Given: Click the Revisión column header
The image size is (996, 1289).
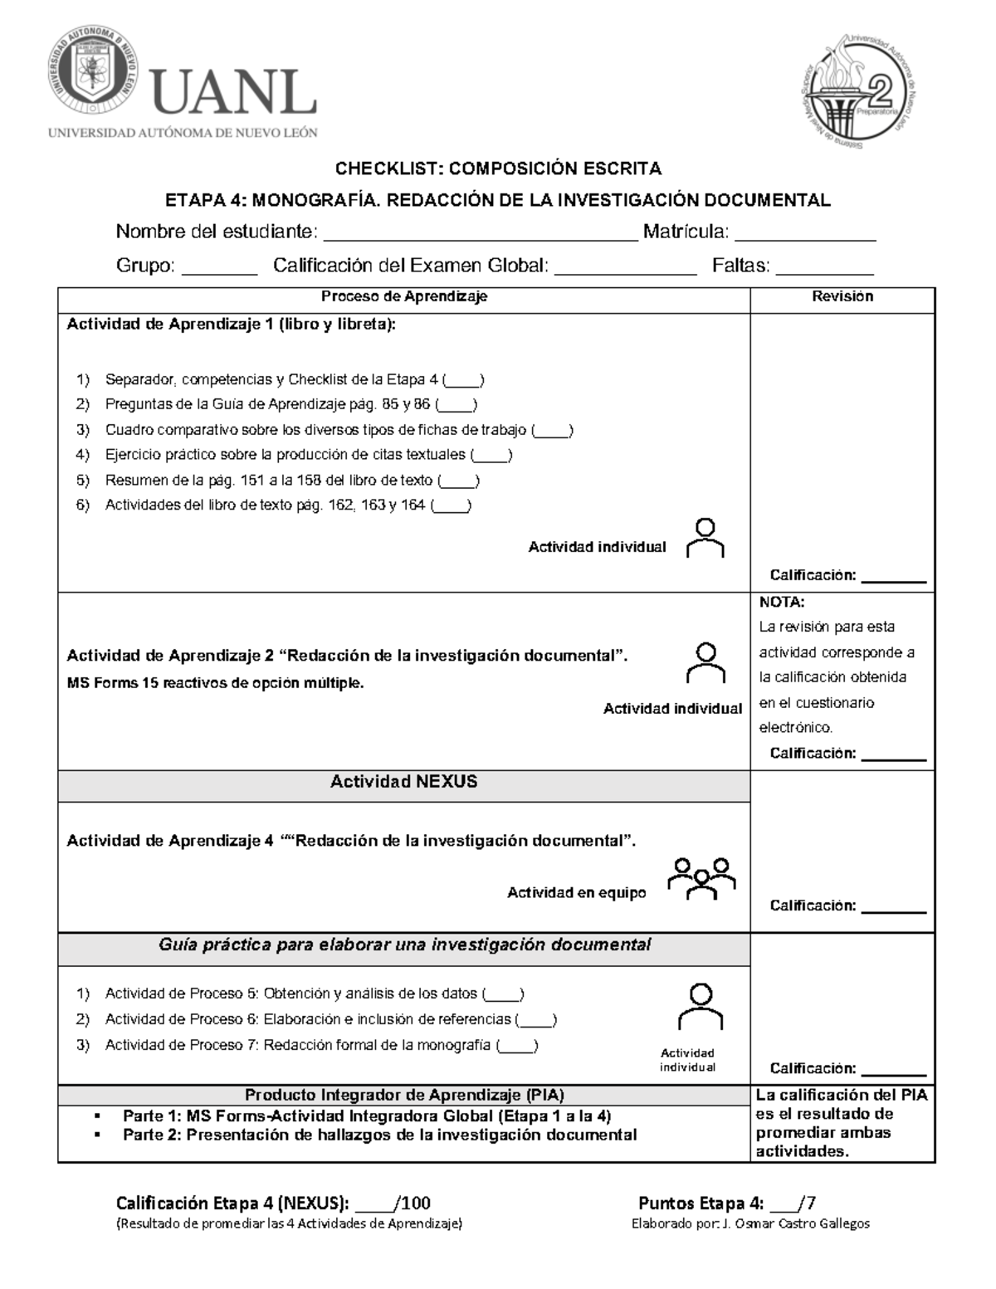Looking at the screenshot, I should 842,296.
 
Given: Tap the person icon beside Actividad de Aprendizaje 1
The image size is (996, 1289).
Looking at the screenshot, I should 705,538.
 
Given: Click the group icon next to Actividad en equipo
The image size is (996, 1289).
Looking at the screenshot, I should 702,878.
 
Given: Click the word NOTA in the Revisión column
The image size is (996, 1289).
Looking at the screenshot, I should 782,603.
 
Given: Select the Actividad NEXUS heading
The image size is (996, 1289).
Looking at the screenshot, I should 403,782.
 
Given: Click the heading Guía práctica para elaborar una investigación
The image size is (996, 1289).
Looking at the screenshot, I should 404,945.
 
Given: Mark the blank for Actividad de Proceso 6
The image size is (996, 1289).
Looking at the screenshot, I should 535,1020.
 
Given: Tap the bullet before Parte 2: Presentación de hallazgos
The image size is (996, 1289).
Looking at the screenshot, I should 99,1135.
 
